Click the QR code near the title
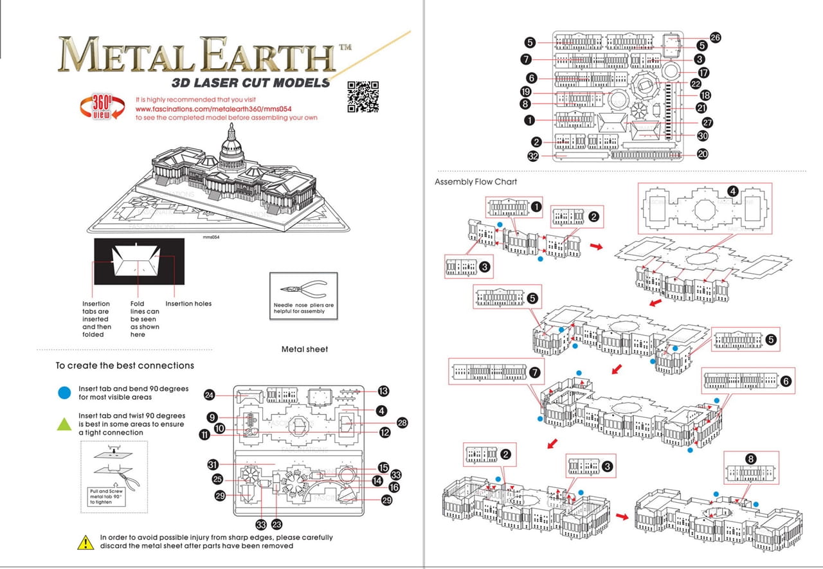click(x=363, y=96)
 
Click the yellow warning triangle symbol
click(x=86, y=542)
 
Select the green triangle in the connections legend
click(x=64, y=424)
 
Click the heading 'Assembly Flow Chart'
click(x=475, y=182)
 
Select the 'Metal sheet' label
click(x=304, y=349)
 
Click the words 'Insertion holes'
click(x=188, y=303)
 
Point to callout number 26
click(x=715, y=37)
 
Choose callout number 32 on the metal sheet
click(x=533, y=156)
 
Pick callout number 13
click(x=384, y=391)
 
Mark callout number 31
click(x=213, y=464)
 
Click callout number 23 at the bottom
click(x=278, y=525)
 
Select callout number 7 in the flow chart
click(x=534, y=372)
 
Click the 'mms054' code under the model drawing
click(x=212, y=237)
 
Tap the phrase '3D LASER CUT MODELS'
click(x=251, y=82)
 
